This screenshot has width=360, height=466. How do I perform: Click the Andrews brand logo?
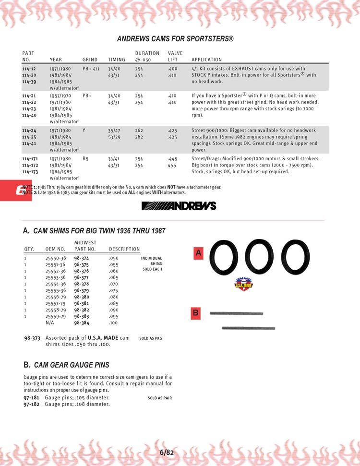[179, 206]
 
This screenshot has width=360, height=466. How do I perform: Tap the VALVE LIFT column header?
[175, 56]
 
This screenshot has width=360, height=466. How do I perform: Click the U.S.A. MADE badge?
[243, 285]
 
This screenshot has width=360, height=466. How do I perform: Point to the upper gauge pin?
[236, 314]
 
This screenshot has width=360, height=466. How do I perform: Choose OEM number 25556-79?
[56, 297]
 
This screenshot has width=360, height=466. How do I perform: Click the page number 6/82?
[167, 452]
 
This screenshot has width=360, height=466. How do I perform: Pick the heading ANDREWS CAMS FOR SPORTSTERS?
[175, 38]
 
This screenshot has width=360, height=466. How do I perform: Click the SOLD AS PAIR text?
[159, 398]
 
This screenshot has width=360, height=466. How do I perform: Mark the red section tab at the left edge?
[15, 191]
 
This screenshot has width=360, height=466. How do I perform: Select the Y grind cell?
[84, 131]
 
